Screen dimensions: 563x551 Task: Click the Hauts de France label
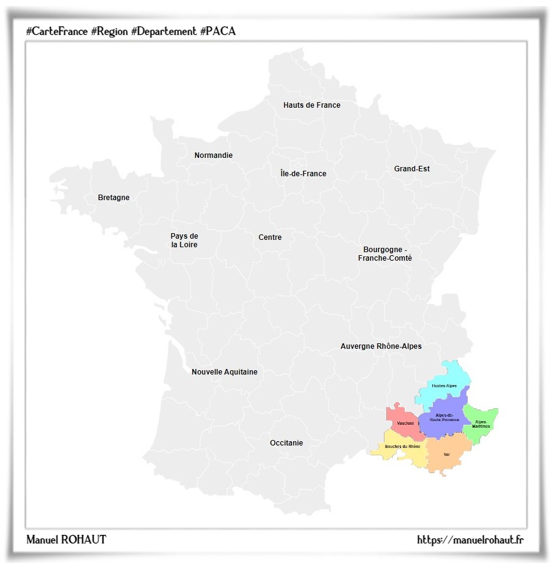tap(312, 105)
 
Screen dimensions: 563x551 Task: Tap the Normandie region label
tap(213, 155)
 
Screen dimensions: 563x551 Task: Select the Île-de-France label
tap(303, 174)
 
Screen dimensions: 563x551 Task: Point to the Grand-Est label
tap(411, 169)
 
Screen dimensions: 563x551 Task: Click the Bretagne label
tap(114, 198)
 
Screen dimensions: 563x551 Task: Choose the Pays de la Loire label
tap(184, 240)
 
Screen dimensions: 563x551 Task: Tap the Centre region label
tap(270, 237)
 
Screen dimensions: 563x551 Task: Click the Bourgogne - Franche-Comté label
tap(385, 254)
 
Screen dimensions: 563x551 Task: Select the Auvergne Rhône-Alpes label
tap(381, 346)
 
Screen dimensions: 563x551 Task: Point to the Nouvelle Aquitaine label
tap(224, 372)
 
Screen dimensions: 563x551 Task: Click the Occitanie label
tap(287, 443)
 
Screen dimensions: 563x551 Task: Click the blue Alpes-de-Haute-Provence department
tap(444, 417)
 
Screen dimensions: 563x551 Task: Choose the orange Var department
tap(448, 456)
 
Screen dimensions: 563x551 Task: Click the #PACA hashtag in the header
tap(217, 31)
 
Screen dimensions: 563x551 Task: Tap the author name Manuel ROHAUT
tap(66, 540)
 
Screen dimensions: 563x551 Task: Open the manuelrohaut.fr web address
tap(470, 540)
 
